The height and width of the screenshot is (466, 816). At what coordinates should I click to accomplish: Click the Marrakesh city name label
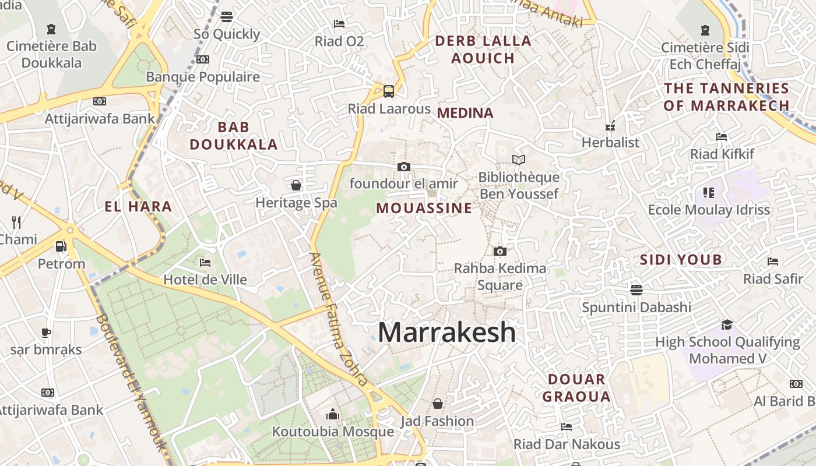point(446,332)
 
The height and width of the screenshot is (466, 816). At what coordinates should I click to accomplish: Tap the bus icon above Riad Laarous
point(389,91)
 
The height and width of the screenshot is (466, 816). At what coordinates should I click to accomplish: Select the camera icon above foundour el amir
point(403,167)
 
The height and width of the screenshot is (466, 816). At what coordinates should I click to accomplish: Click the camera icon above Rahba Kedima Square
point(500,252)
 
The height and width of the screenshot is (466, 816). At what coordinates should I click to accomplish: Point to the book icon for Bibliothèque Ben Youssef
point(518,160)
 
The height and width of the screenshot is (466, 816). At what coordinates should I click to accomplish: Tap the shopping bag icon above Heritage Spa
point(296,186)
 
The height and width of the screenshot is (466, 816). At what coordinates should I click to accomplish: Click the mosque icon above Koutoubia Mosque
point(333,414)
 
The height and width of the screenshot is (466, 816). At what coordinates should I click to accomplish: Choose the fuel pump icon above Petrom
point(61,246)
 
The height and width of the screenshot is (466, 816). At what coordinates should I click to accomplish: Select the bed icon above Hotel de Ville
point(205,263)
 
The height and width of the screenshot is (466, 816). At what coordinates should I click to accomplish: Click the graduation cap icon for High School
point(727,324)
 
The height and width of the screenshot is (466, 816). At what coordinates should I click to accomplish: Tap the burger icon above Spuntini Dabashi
point(636,290)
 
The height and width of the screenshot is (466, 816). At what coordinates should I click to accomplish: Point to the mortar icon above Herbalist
point(610,125)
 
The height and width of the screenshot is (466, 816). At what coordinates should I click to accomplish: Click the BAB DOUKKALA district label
point(233,136)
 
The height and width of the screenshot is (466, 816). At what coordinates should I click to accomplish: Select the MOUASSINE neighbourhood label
point(424,208)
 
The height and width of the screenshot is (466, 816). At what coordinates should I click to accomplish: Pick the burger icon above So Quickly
point(227,17)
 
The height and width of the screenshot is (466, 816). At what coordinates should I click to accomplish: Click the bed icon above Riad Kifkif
point(722,137)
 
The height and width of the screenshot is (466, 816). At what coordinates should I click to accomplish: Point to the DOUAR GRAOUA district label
point(576,388)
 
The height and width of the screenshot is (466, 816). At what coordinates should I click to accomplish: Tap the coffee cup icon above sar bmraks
point(46,333)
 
